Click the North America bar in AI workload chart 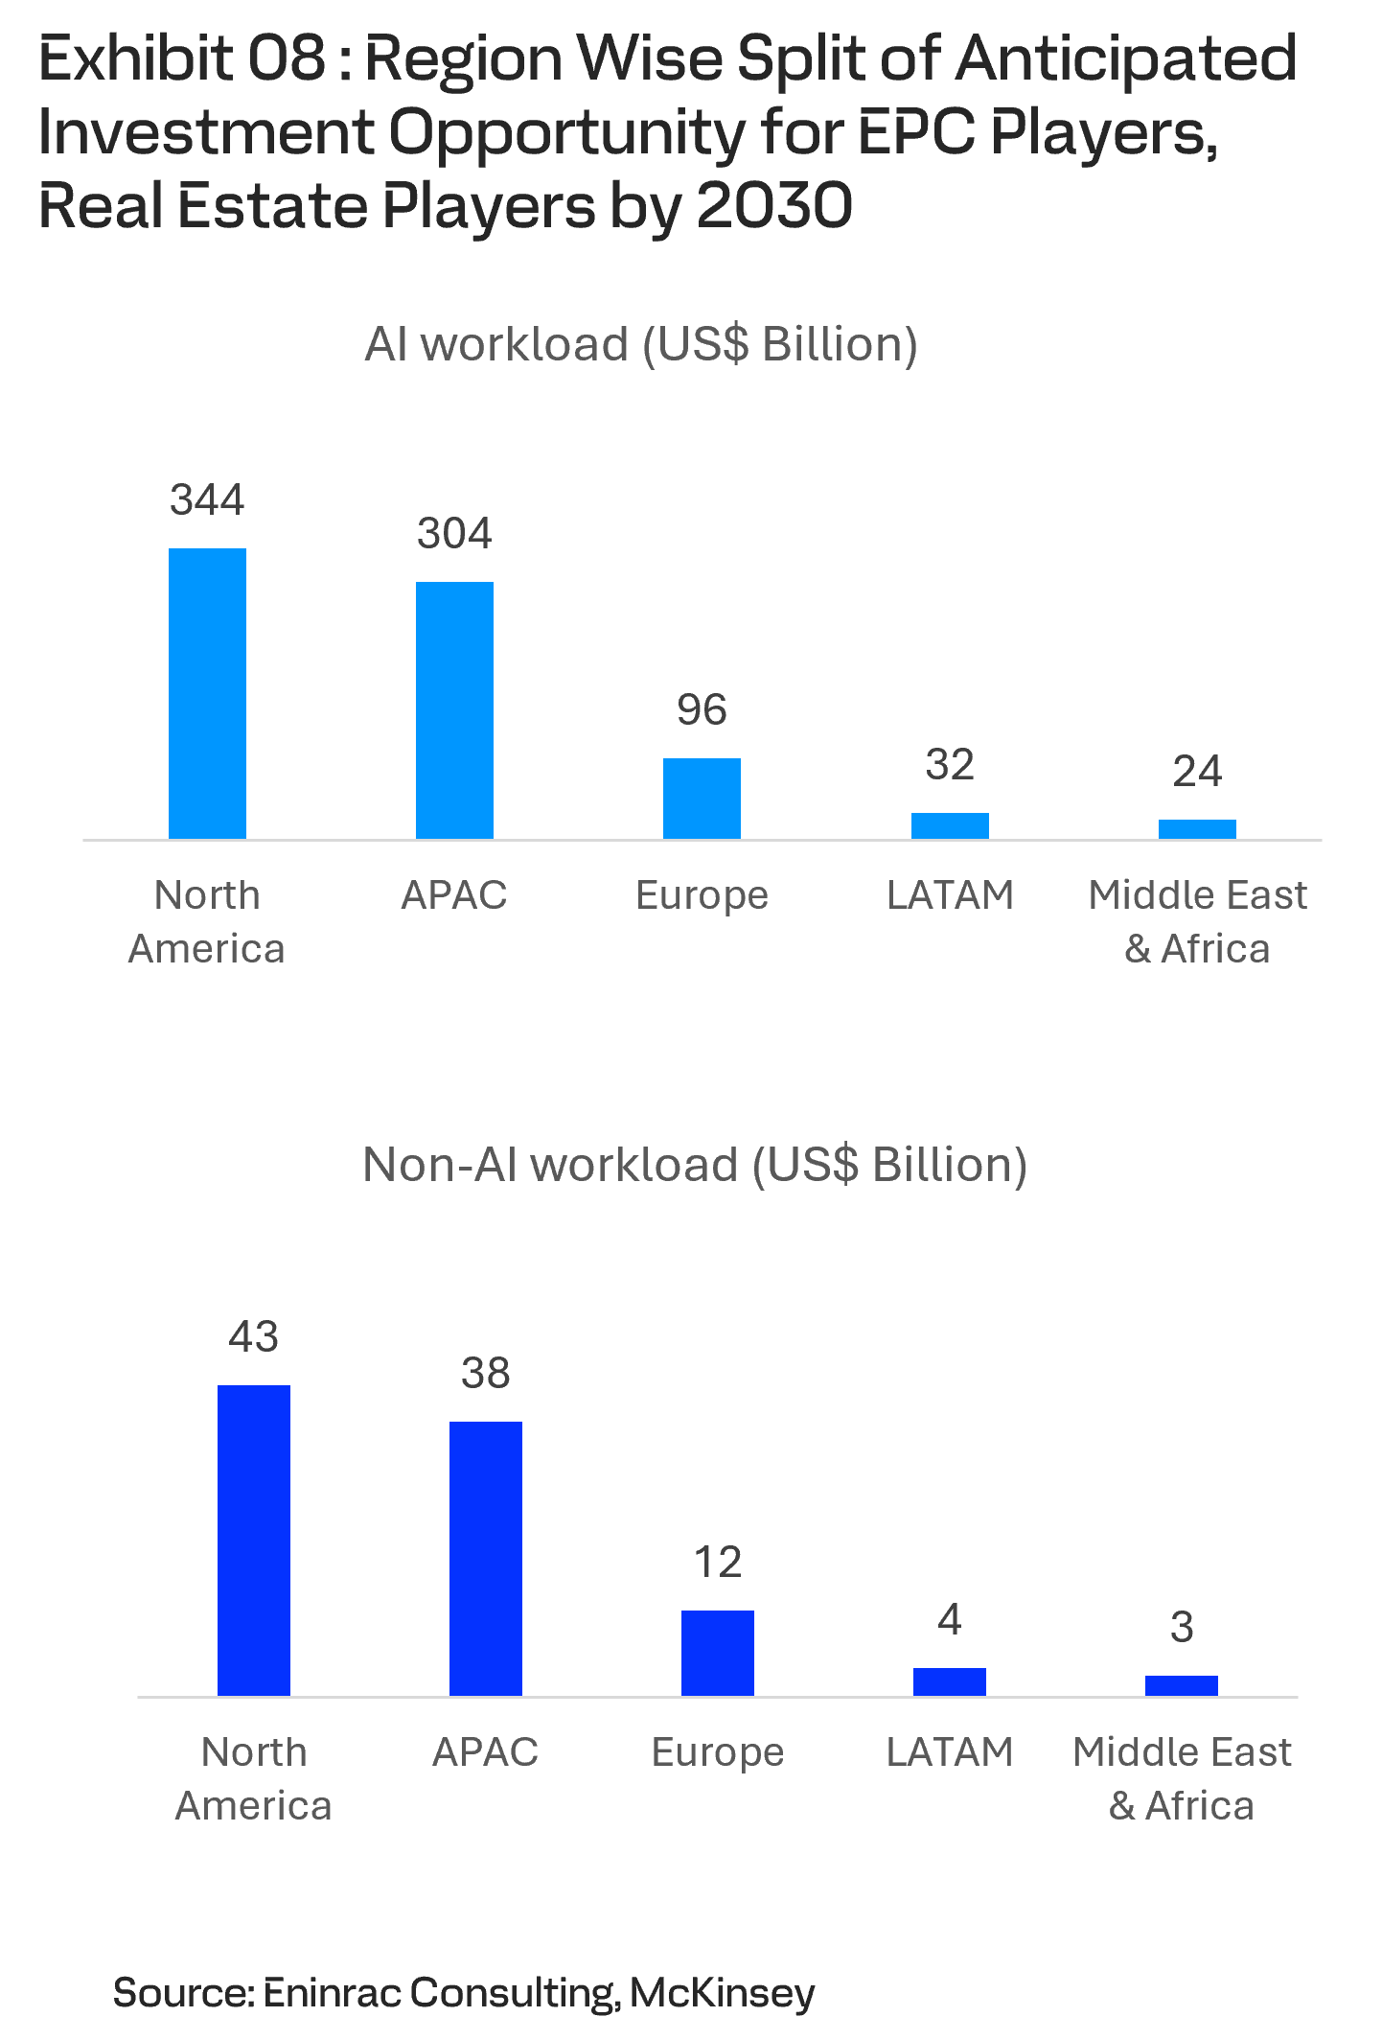point(207,693)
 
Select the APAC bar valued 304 point(454,710)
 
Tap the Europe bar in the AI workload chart point(702,799)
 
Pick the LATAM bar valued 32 point(949,825)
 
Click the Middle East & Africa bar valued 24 point(1197,829)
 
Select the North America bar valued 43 point(254,1541)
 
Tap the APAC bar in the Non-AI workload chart point(486,1559)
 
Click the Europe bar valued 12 point(718,1653)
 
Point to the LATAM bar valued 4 point(949,1681)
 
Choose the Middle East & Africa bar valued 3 point(1182,1685)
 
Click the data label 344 point(207,499)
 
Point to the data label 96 point(702,709)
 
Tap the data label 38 point(486,1373)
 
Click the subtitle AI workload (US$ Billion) point(641,344)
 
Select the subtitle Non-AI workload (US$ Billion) point(695,1165)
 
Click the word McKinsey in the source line point(722,1992)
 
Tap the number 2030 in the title point(774,206)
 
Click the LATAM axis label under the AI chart point(949,895)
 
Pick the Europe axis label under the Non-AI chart point(718,1752)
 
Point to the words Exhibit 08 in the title point(182,58)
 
